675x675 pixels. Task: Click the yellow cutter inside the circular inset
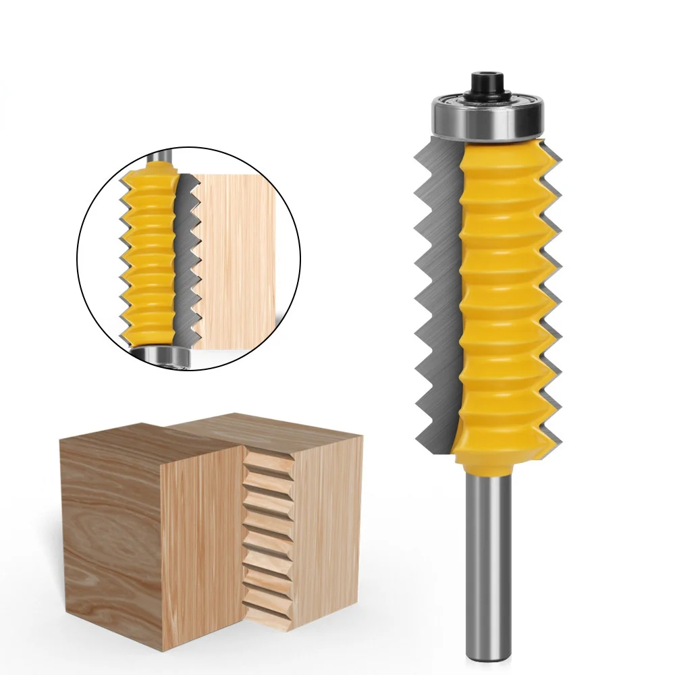pyautogui.click(x=152, y=256)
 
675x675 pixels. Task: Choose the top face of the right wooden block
pyautogui.click(x=270, y=425)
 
